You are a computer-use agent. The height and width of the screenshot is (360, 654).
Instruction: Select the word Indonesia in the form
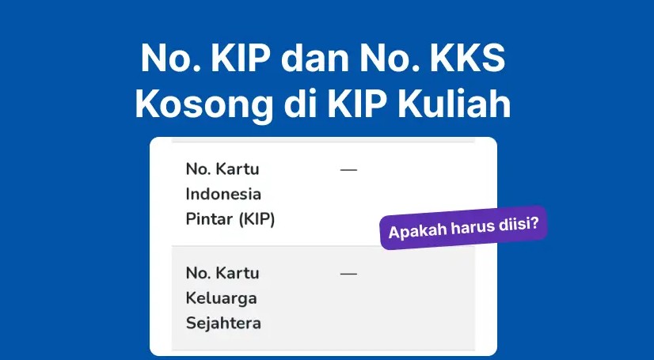(223, 194)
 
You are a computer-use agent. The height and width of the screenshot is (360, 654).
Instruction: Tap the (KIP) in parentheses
(257, 219)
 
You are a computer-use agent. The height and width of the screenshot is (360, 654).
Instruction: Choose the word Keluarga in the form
(222, 298)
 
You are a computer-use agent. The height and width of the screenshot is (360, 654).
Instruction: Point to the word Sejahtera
(223, 323)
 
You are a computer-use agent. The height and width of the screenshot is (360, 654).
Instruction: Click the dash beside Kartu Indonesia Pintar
(348, 170)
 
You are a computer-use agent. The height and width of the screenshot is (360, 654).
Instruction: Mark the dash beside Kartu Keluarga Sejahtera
(348, 274)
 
